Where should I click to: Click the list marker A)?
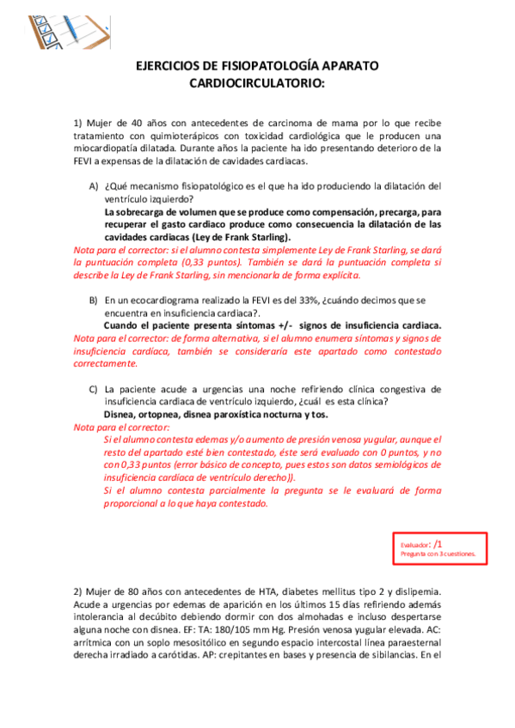[93, 186]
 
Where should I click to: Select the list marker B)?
[93, 300]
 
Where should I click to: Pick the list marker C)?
[93, 389]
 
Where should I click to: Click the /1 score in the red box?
[438, 544]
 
